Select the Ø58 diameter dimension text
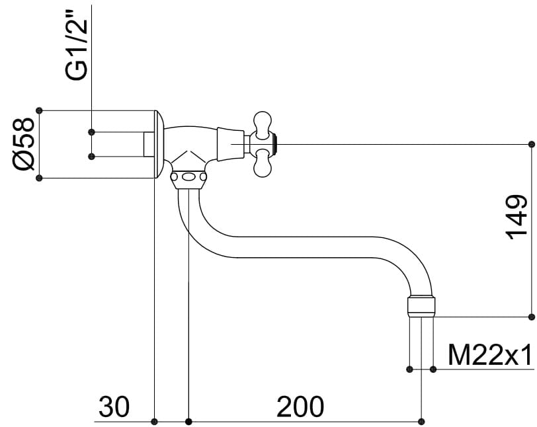tap(24, 144)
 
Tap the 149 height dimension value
tap(516, 217)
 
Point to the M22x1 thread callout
tap(490, 355)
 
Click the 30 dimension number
tap(114, 407)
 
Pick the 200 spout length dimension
tap(300, 407)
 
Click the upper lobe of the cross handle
tap(263, 125)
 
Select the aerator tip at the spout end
tap(421, 306)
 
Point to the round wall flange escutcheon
tap(159, 144)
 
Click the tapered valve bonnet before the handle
tap(231, 144)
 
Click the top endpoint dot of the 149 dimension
tap(532, 144)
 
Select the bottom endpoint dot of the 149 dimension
tap(532, 317)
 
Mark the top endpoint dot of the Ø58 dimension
tap(40, 110)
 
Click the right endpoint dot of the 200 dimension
tap(421, 422)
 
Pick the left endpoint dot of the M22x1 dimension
tap(409, 369)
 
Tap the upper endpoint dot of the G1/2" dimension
tap(91, 132)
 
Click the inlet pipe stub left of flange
tap(149, 144)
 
